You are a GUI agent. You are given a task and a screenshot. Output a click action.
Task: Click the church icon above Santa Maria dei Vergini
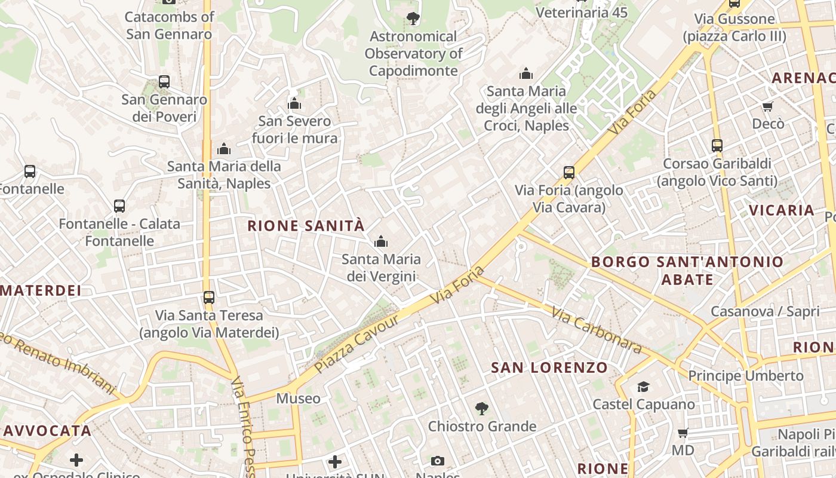tap(380, 241)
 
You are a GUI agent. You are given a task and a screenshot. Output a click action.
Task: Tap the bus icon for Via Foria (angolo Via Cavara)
tap(569, 173)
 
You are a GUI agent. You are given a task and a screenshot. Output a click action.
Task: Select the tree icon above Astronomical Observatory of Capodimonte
tap(413, 19)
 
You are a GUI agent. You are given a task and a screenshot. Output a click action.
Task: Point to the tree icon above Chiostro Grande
tap(481, 409)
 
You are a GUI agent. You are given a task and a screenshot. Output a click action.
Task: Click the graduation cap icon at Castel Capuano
tap(643, 387)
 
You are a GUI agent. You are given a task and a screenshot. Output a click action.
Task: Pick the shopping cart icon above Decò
tap(768, 107)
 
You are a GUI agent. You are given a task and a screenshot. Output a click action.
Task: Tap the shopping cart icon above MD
tap(683, 433)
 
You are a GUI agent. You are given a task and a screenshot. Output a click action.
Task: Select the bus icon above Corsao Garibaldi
tap(717, 145)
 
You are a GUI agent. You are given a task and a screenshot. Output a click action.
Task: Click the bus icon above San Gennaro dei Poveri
tap(164, 82)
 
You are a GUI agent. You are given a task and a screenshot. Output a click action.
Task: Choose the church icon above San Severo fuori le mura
tap(294, 103)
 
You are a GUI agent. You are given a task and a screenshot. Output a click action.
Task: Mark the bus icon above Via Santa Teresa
tap(208, 297)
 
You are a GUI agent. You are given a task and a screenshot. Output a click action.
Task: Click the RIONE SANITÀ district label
tap(306, 226)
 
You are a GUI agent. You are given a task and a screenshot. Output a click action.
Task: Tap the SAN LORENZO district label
tap(549, 367)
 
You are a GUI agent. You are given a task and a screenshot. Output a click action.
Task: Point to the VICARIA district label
tap(782, 210)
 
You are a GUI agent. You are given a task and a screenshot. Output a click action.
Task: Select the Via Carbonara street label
tap(596, 330)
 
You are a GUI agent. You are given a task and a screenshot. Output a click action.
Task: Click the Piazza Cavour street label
tap(356, 342)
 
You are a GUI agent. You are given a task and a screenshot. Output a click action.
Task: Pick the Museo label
tap(298, 398)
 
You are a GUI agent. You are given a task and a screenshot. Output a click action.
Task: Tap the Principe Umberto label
tap(746, 376)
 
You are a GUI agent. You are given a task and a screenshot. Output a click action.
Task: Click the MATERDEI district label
tap(41, 290)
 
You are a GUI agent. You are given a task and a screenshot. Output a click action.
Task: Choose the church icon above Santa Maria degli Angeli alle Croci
tap(526, 73)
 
